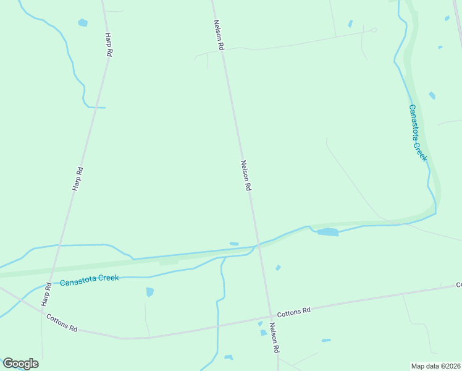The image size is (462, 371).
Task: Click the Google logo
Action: point(20,364)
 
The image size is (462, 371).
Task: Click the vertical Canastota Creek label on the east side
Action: point(418,133)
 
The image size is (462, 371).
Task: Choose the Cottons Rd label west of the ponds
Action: point(62,322)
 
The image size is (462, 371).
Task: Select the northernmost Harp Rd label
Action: point(108,45)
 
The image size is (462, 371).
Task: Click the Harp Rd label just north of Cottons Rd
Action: point(45,297)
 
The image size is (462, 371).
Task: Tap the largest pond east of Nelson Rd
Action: point(328,232)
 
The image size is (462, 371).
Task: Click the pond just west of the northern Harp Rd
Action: point(83,23)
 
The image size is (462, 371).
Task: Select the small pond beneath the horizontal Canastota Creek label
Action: point(149,292)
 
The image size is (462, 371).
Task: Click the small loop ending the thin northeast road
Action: point(374,29)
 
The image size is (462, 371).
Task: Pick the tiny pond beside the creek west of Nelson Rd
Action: point(234,244)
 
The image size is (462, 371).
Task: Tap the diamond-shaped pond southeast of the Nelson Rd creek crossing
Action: point(278,268)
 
